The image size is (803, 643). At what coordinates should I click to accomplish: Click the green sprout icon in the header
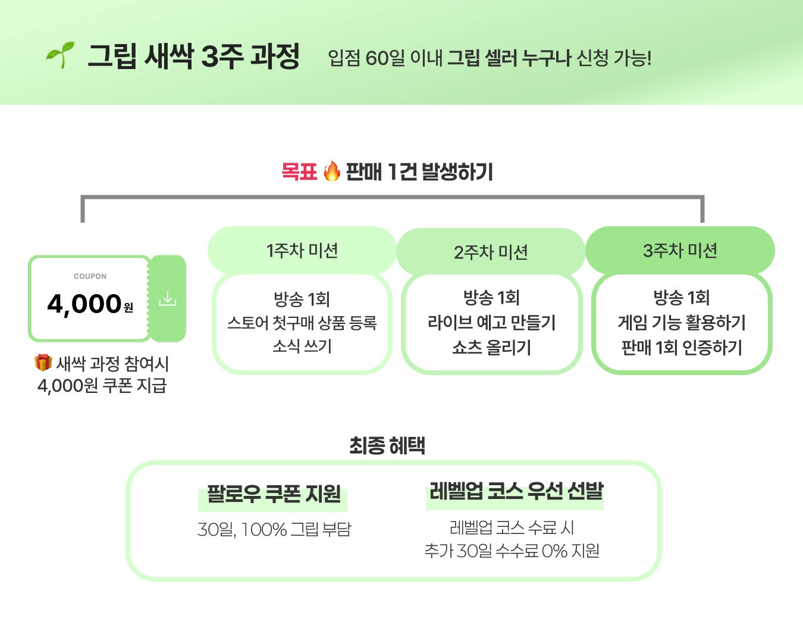[61, 55]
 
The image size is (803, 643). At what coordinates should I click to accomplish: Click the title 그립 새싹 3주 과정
[193, 57]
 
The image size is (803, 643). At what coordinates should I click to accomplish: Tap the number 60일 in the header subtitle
[385, 58]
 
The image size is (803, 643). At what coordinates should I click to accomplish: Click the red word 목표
[299, 172]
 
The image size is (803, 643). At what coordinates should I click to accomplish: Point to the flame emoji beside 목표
[332, 171]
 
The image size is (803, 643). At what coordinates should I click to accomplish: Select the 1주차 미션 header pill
[302, 251]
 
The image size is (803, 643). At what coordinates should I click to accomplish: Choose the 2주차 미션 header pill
[491, 252]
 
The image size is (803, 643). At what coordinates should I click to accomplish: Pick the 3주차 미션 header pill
[680, 251]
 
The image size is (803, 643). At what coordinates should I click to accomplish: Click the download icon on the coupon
[168, 298]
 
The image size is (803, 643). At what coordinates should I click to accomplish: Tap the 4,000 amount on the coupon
[84, 304]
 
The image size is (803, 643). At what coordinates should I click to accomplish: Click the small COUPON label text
[90, 276]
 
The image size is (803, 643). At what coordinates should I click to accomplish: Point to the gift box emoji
[43, 363]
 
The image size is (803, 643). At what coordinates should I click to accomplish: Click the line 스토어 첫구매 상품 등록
[302, 323]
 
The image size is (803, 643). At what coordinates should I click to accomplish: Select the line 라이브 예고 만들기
[491, 323]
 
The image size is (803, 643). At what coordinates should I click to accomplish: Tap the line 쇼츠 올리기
[491, 347]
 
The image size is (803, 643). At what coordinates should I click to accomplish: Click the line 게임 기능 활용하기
[682, 323]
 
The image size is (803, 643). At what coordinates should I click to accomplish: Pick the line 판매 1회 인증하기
[682, 347]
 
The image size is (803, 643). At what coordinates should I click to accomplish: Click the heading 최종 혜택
[387, 445]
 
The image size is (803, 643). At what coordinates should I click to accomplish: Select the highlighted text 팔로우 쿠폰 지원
[273, 494]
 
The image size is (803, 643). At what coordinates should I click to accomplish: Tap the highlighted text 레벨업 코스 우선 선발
[515, 492]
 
